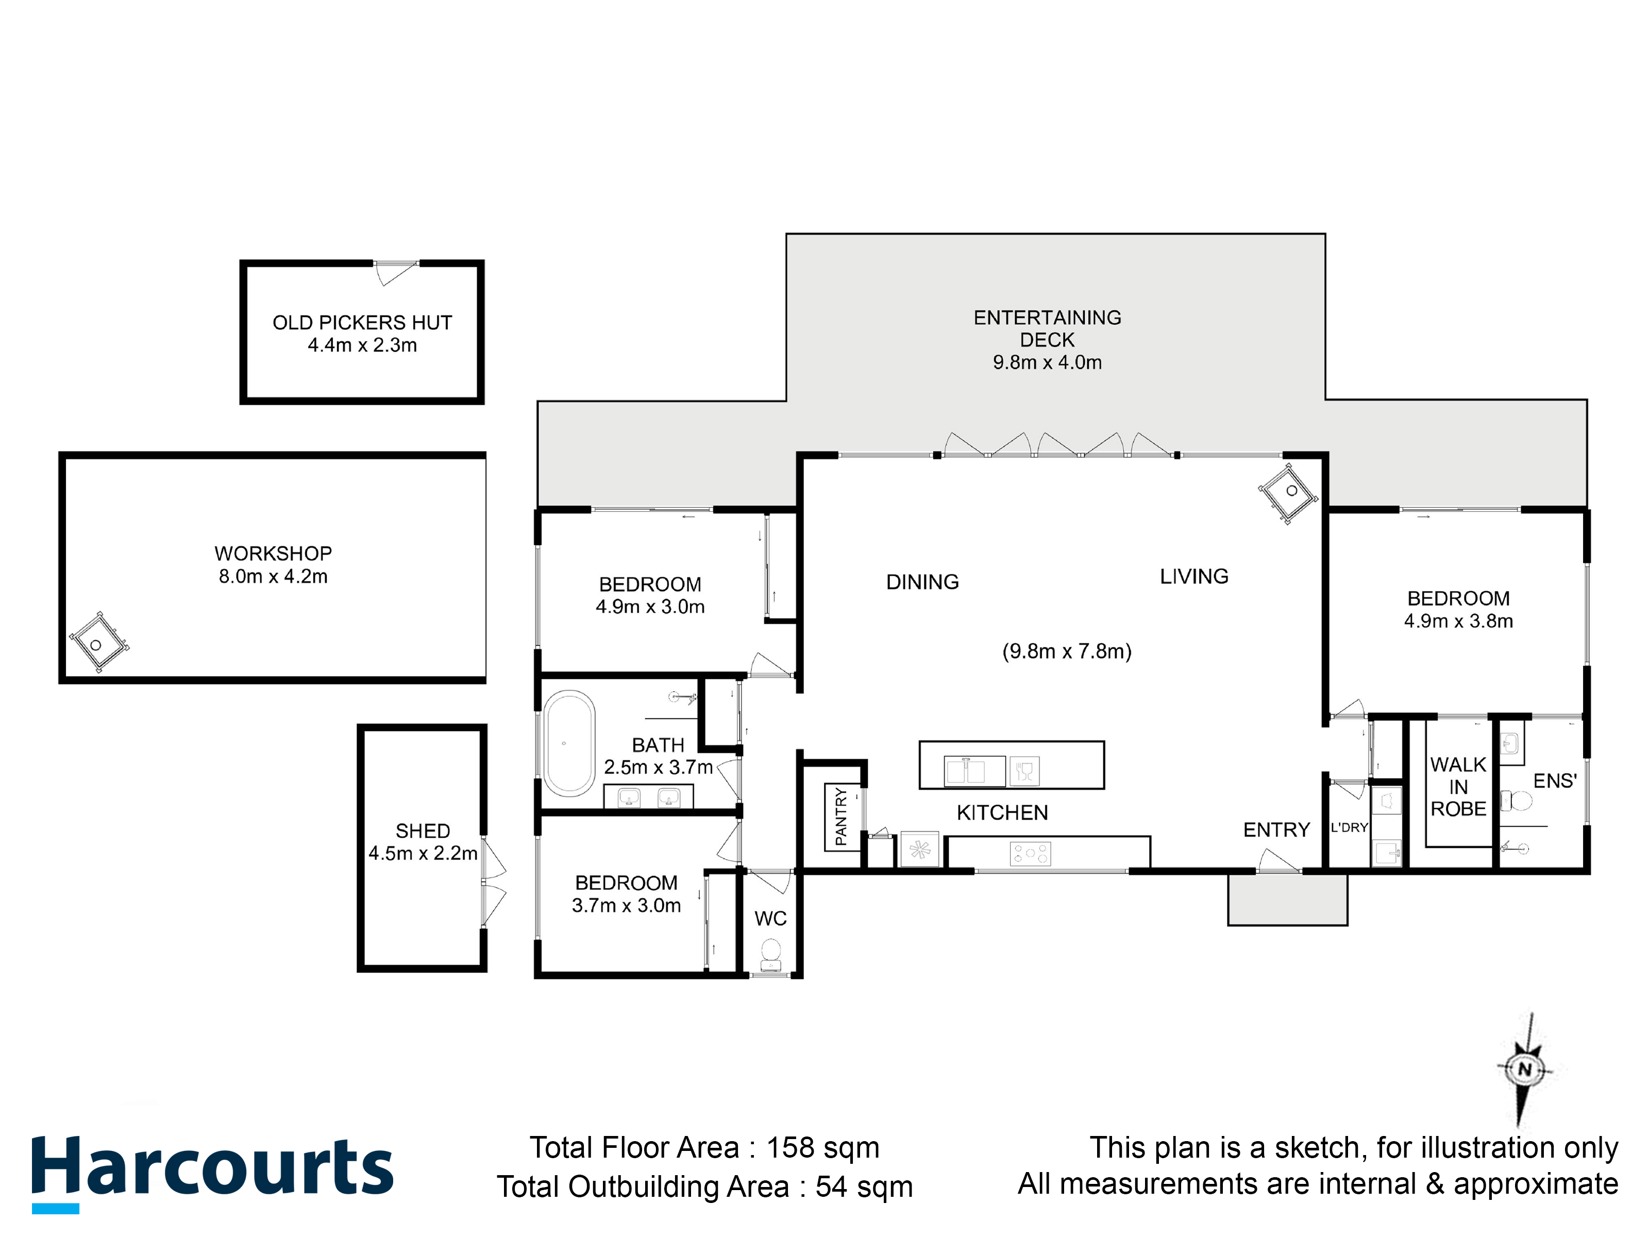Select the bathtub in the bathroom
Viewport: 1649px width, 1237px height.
[569, 744]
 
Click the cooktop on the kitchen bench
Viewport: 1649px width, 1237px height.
[1030, 854]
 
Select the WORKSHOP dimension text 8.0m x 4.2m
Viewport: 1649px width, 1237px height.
[273, 576]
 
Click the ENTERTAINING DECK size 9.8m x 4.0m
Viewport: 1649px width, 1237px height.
[1048, 362]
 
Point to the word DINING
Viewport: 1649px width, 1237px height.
[922, 581]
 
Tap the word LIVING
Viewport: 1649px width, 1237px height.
[1194, 576]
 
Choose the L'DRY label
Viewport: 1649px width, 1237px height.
[1349, 828]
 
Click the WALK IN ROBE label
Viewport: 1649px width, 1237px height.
[1458, 787]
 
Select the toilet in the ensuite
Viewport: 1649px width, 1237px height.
[1516, 801]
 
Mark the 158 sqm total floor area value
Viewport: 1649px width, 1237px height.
[823, 1147]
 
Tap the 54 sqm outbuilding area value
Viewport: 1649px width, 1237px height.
[864, 1187]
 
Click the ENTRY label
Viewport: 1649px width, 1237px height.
[1276, 830]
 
